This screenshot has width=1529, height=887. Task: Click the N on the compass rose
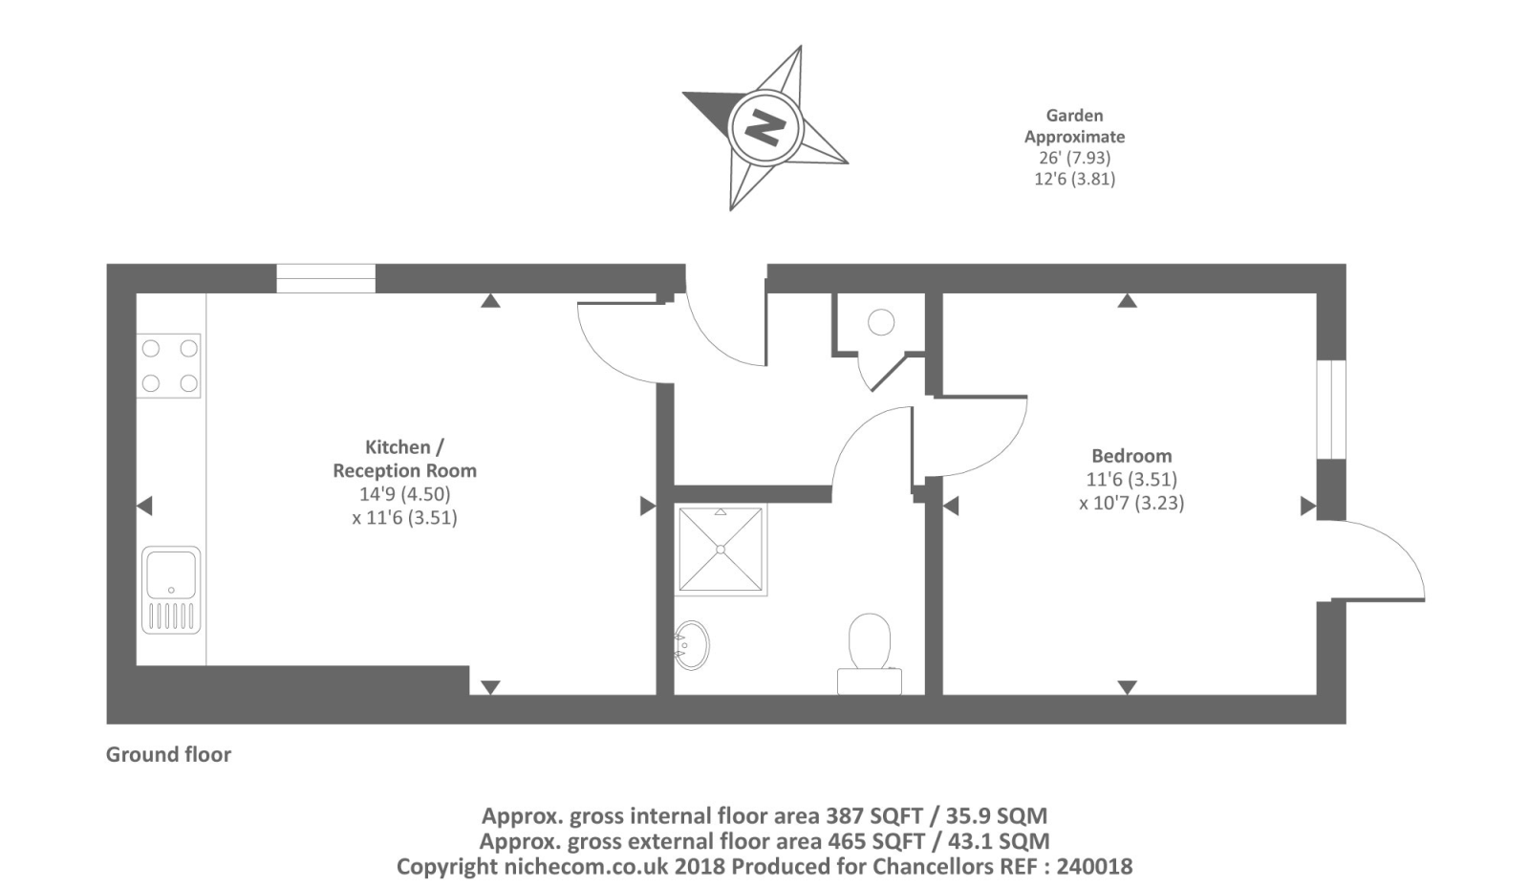click(764, 127)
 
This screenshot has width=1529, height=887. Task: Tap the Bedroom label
click(1131, 456)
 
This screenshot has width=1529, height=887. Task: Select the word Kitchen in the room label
click(398, 447)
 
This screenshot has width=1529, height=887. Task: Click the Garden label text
click(1074, 116)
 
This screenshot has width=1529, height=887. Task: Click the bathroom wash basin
click(692, 644)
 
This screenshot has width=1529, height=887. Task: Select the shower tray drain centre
click(721, 549)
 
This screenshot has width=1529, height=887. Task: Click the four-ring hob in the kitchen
click(168, 366)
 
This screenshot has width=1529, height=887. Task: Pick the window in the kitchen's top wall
click(326, 278)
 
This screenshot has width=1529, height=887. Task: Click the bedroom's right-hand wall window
click(1331, 410)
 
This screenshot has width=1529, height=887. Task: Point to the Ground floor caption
click(168, 754)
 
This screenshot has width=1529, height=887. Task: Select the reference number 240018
click(1094, 867)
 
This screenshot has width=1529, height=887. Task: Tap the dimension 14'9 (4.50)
click(405, 494)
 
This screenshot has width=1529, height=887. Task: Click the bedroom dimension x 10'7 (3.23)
click(1131, 504)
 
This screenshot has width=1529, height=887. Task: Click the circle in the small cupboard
click(881, 322)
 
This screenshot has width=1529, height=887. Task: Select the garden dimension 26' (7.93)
click(1074, 158)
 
